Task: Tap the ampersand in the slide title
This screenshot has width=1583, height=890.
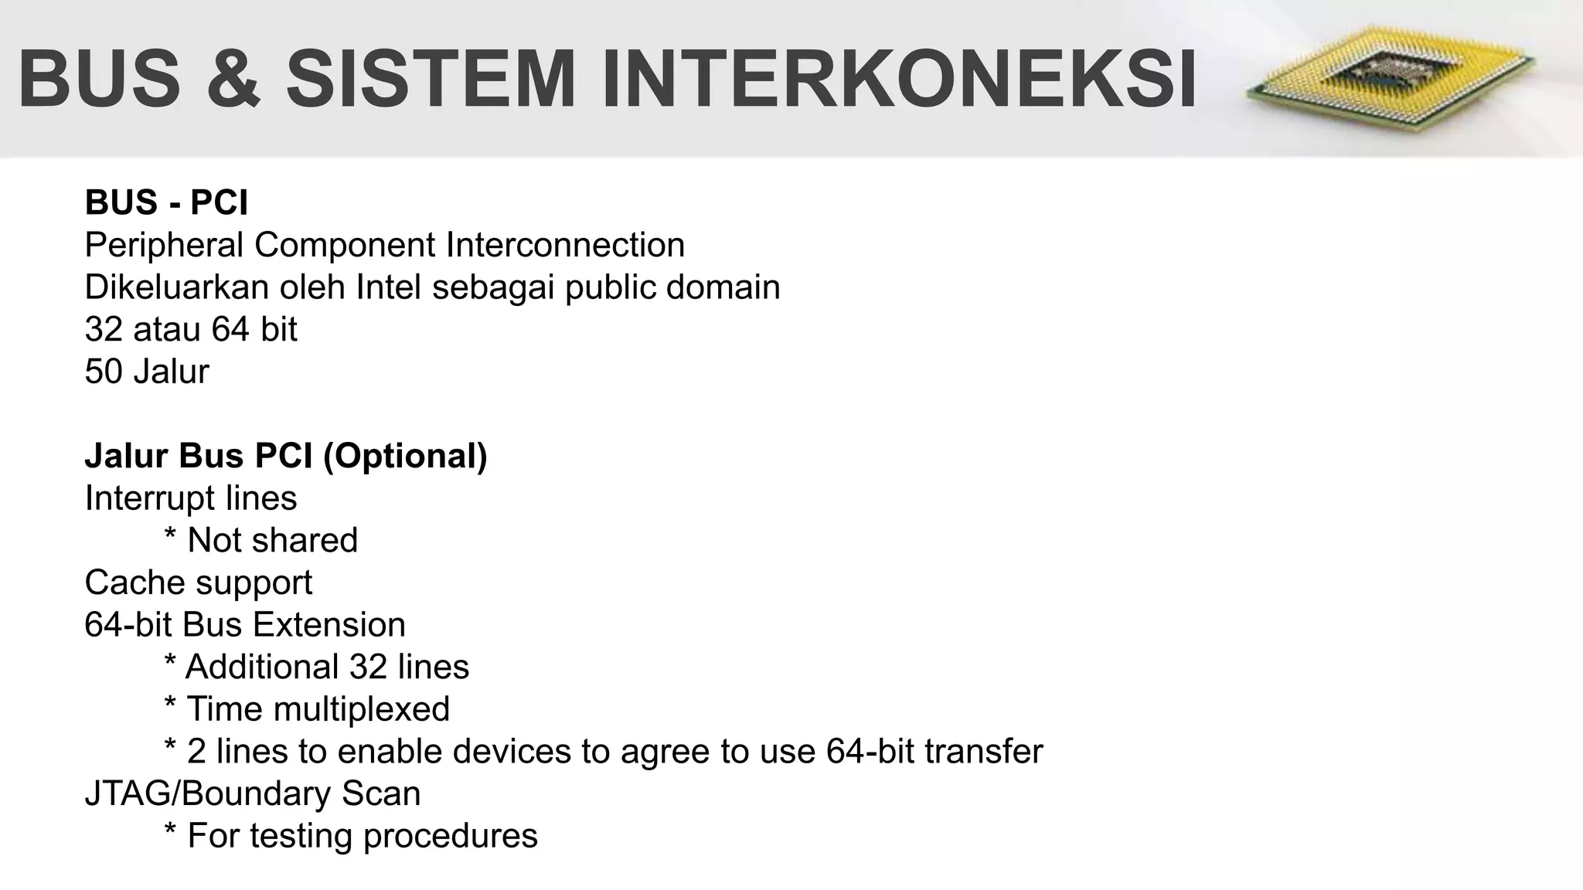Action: click(233, 79)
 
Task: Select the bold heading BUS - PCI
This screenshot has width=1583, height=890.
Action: click(166, 202)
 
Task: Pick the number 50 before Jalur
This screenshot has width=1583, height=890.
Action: click(104, 372)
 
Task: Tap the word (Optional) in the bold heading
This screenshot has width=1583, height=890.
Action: click(405, 456)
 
